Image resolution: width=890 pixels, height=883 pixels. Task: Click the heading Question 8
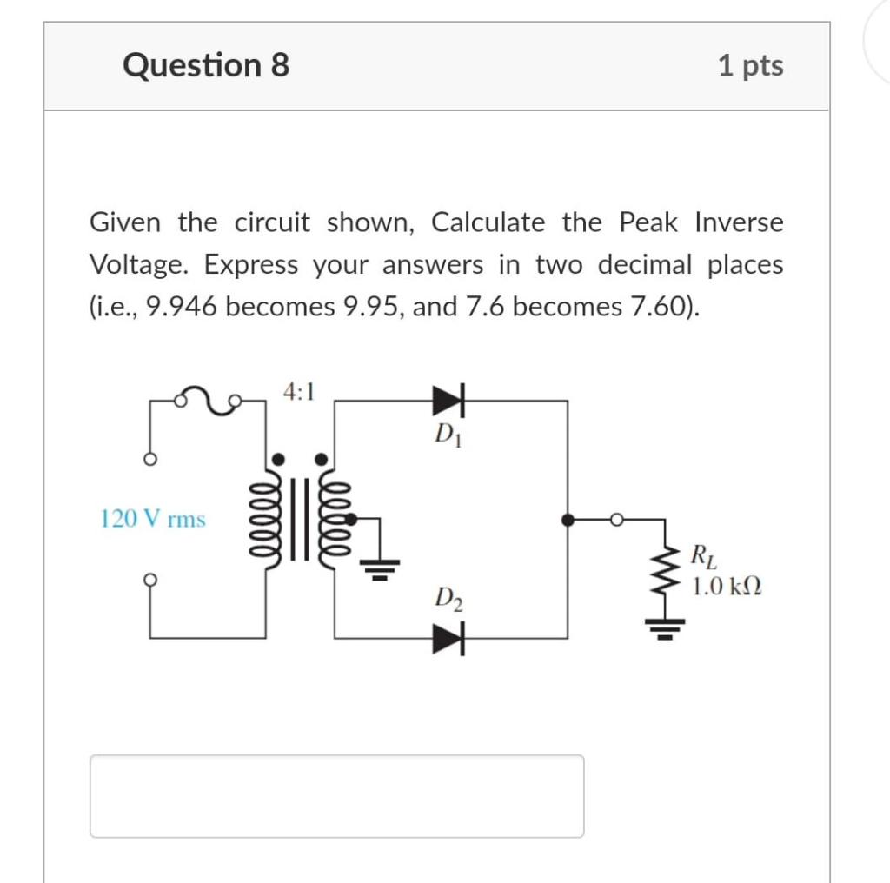pos(206,65)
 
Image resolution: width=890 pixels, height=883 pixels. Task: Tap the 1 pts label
pos(750,65)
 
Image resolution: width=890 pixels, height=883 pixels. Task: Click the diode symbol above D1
pos(448,401)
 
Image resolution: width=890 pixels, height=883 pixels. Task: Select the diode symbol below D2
pos(448,640)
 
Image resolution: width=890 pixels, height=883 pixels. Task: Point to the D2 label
pos(448,599)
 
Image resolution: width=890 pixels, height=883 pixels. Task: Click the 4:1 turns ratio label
pos(298,391)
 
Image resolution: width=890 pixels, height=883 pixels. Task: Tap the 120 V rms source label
pos(153,520)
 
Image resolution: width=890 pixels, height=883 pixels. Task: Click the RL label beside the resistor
pos(701,553)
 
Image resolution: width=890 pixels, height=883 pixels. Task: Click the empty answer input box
pos(336,795)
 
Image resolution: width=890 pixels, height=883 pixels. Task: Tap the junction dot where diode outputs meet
pos(568,520)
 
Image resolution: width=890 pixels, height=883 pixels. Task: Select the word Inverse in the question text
pos(739,222)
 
